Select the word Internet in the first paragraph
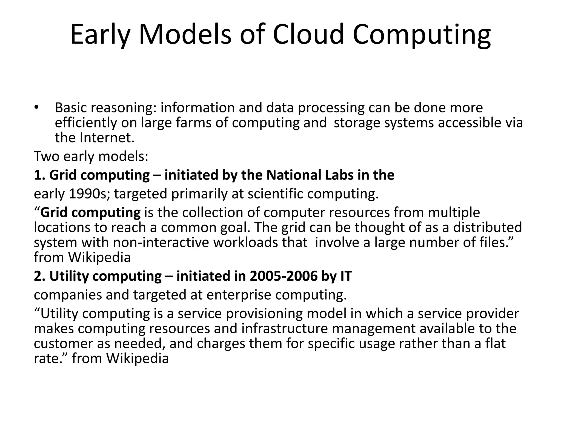click(107, 138)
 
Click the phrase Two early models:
click(91, 157)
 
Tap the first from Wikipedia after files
click(82, 257)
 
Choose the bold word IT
click(346, 276)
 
